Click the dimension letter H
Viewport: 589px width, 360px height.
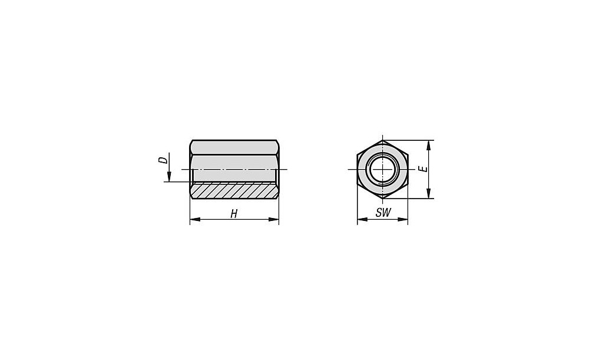pyautogui.click(x=234, y=214)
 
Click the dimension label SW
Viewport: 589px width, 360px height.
pyautogui.click(x=383, y=213)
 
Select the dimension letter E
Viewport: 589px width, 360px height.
pyautogui.click(x=424, y=169)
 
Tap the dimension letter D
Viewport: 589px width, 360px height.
pyautogui.click(x=163, y=160)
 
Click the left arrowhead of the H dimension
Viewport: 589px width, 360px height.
pyautogui.click(x=195, y=219)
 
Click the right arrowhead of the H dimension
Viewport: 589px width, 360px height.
pyautogui.click(x=274, y=219)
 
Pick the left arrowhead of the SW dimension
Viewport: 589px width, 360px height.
pyautogui.click(x=362, y=219)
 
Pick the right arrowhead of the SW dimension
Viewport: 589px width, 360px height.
pyautogui.click(x=403, y=219)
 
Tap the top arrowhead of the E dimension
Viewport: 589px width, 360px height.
pyautogui.click(x=429, y=146)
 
